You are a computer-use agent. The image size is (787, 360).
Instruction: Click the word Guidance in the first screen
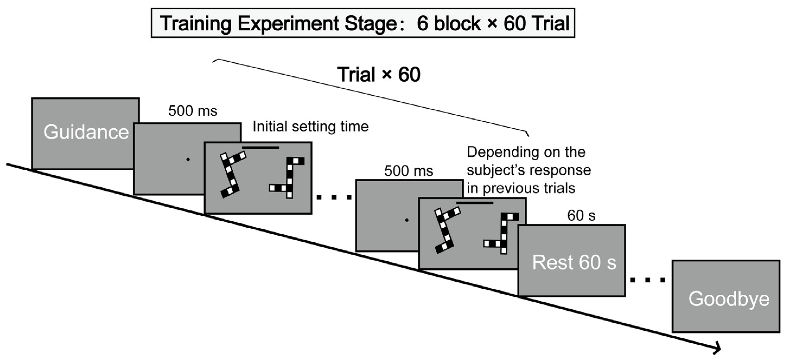tap(86, 132)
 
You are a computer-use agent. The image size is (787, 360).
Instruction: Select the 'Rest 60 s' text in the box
tap(574, 262)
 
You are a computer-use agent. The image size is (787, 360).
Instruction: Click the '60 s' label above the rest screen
tap(581, 216)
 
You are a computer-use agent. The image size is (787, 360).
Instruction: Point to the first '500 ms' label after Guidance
tap(192, 111)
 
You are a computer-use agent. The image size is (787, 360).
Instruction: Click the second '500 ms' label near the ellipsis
tap(408, 171)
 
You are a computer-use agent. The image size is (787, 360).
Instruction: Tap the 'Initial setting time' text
tap(310, 127)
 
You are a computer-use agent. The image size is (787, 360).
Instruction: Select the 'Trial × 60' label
tap(379, 75)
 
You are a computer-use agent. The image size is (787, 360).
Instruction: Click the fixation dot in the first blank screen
tap(188, 159)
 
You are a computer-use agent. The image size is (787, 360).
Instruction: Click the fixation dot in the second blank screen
tap(406, 220)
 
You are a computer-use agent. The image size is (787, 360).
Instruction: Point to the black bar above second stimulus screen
tap(475, 202)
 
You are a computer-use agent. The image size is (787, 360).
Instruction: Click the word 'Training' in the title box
tap(195, 24)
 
